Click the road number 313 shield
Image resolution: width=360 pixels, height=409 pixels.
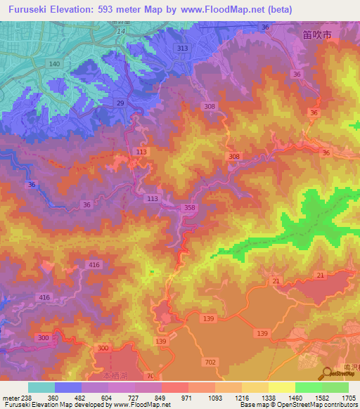[x=183, y=48]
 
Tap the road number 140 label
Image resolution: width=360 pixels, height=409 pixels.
[x=54, y=64]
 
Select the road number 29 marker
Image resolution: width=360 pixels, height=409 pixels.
[x=120, y=103]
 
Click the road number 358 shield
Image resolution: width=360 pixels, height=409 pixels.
[x=188, y=208]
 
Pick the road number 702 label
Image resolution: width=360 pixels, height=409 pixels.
[x=210, y=361]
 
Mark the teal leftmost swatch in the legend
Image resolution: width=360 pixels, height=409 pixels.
[x=41, y=387]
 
